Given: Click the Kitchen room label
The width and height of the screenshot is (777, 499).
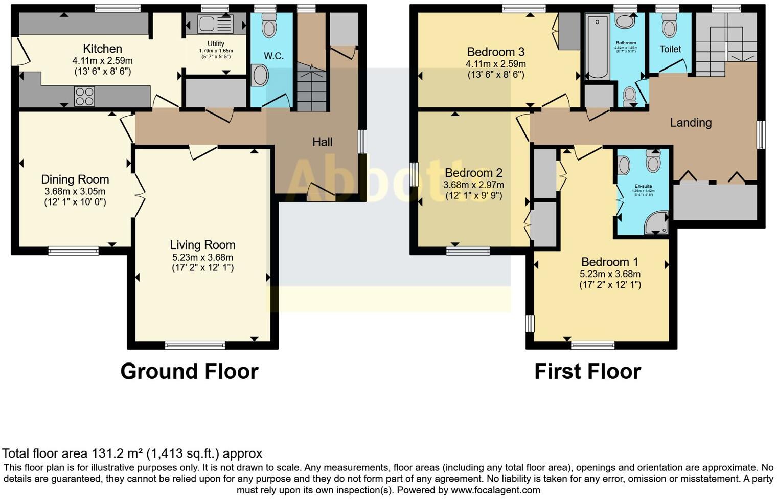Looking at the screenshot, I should click(102, 49).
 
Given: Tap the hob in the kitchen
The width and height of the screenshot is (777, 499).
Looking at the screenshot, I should click(84, 96).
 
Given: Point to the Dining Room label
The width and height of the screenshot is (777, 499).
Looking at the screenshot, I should click(75, 179).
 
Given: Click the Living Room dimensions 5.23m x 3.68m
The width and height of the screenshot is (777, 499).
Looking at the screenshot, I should click(202, 257).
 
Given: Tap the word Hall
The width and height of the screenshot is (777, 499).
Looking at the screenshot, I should click(322, 142).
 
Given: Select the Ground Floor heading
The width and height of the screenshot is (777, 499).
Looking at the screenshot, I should click(189, 371).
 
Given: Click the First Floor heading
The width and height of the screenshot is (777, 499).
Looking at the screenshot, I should click(587, 371).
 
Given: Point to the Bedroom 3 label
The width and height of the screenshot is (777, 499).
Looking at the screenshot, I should click(495, 52).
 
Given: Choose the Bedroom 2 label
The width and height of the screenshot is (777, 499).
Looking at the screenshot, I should click(473, 173).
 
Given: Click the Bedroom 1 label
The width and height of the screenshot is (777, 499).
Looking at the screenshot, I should click(610, 262).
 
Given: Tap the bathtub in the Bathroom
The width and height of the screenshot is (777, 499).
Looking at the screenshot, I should click(597, 47).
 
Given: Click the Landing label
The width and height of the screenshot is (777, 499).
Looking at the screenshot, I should click(691, 123).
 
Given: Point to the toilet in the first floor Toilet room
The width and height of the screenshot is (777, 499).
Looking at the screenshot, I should click(669, 26).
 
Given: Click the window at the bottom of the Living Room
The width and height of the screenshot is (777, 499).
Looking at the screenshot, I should click(195, 346).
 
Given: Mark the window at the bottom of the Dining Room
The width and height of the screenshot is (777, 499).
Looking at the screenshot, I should click(74, 251).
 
